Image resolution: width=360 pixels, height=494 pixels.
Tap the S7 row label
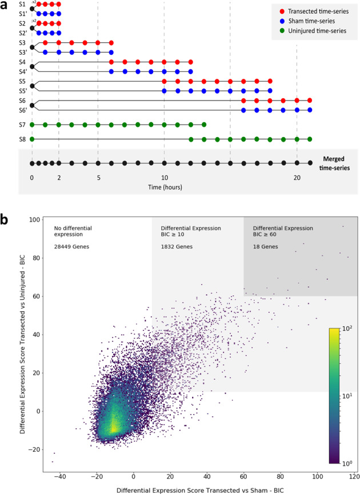click(22, 124)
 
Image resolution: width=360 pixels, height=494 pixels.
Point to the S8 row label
click(22, 139)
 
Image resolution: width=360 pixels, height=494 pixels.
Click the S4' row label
click(22, 71)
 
